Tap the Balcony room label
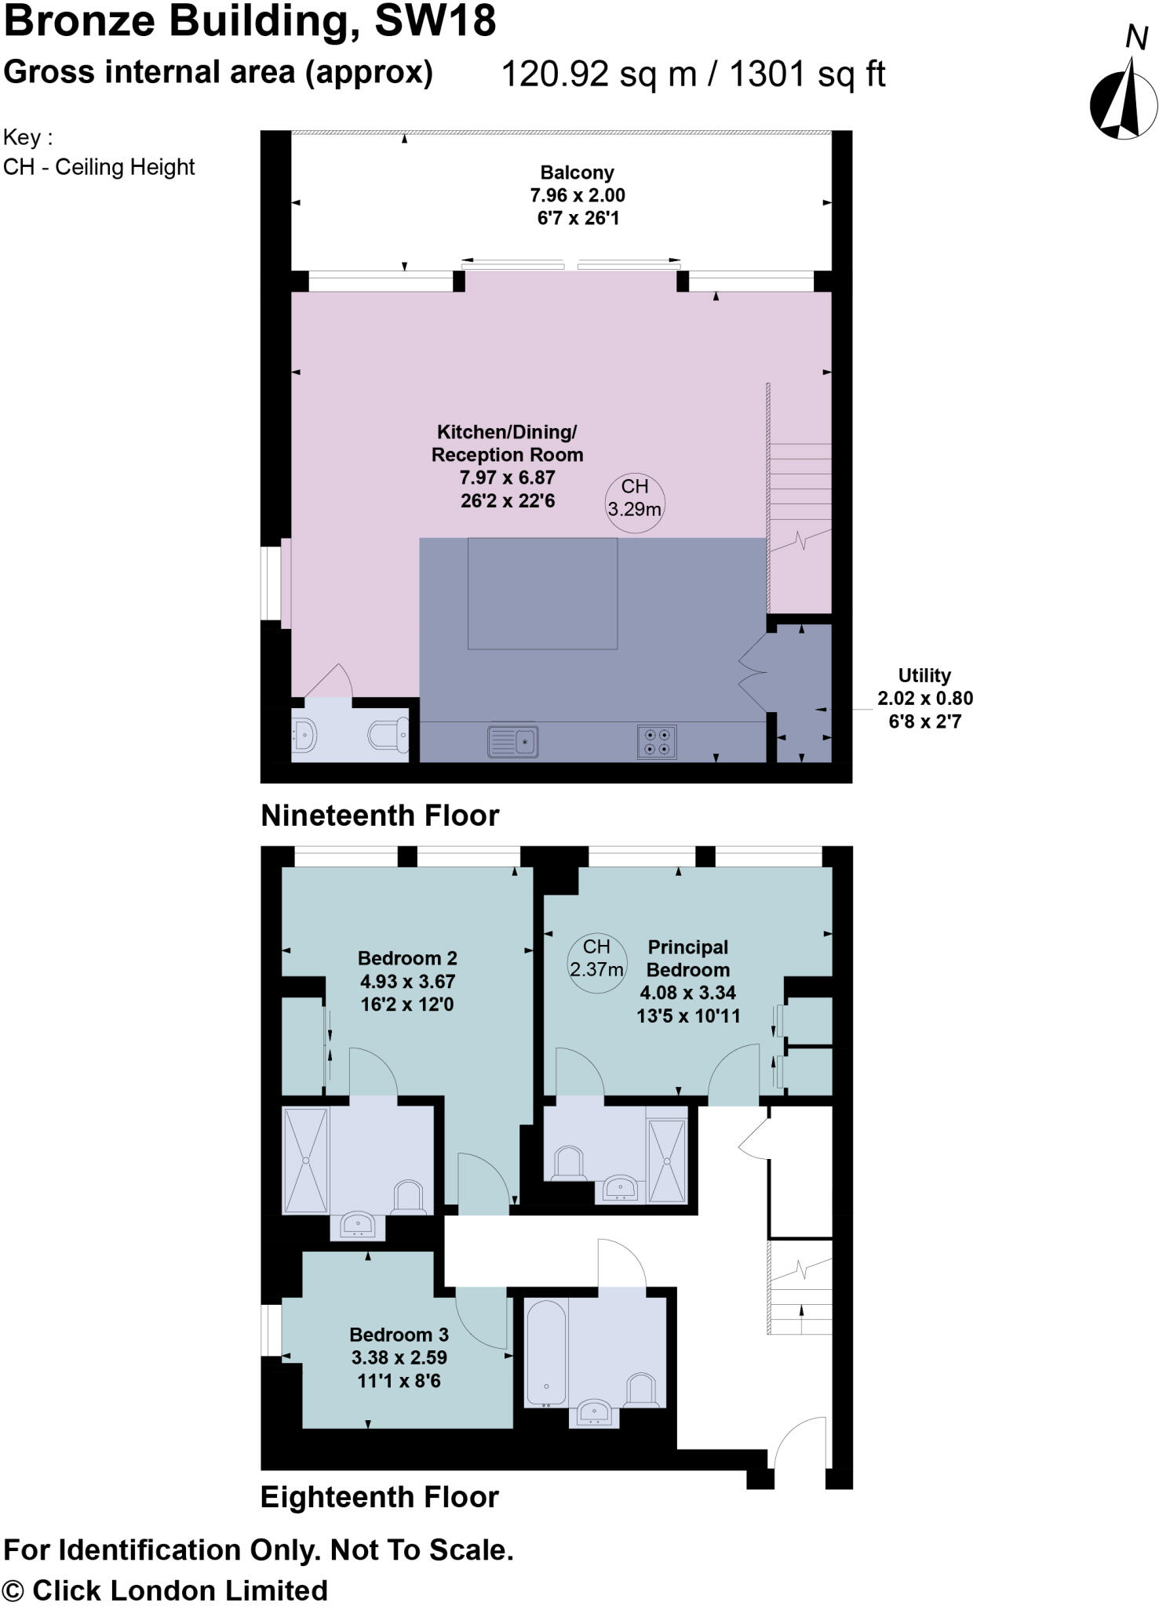(x=577, y=173)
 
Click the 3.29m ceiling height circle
(x=634, y=498)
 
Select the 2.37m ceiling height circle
(x=596, y=958)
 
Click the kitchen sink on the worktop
(x=512, y=740)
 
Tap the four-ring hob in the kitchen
(x=657, y=742)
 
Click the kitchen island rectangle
(x=542, y=594)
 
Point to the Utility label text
(x=924, y=675)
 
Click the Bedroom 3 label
(x=399, y=1334)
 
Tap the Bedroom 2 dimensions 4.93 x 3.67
(x=407, y=981)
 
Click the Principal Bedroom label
(x=687, y=958)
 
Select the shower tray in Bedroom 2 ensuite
(x=305, y=1160)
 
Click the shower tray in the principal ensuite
(x=667, y=1160)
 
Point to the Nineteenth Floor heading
(x=380, y=816)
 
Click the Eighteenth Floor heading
(x=380, y=1497)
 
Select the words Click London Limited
(x=180, y=1590)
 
